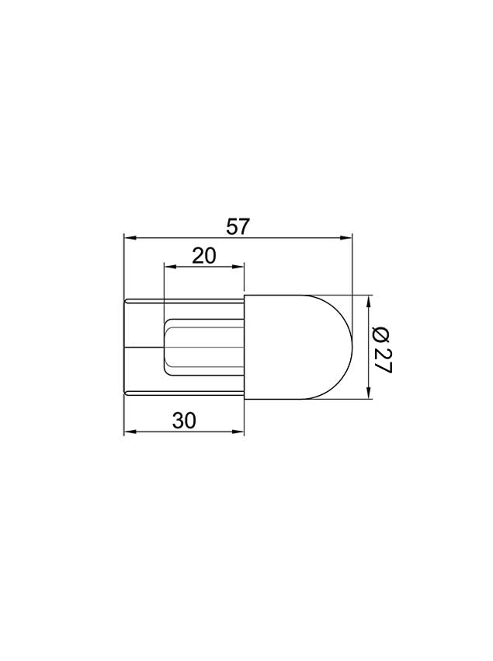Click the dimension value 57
click(238, 227)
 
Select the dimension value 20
click(204, 256)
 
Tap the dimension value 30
click(185, 420)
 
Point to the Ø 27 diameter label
click(383, 350)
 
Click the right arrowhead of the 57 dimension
click(345, 238)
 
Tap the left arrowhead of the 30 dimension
click(130, 432)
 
